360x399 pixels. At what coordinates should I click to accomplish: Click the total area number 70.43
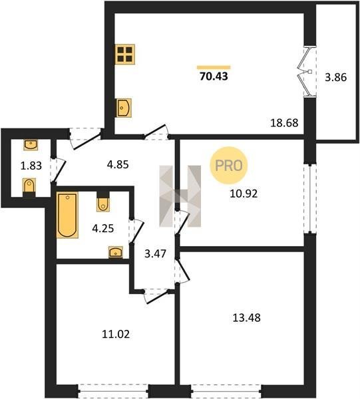214,76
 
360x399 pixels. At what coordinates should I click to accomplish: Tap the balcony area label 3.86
335,77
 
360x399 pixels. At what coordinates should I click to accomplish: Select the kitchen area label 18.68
284,123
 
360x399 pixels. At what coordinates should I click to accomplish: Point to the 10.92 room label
244,194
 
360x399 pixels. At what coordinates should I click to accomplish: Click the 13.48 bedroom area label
247,318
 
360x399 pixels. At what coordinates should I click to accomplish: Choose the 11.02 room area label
116,334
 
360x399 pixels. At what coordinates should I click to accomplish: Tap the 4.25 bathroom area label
103,228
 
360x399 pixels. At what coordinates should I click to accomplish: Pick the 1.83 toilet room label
31,166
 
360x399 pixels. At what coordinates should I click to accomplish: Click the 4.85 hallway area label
118,165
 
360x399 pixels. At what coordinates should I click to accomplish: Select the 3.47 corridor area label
155,254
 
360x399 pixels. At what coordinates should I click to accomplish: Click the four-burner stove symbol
124,55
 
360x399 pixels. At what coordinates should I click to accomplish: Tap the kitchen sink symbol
124,108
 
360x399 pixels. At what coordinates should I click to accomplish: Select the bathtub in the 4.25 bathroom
67,215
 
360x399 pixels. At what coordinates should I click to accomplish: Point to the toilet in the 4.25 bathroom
103,201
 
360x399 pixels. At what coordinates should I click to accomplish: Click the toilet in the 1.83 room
29,187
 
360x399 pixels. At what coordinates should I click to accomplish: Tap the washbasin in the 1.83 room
31,144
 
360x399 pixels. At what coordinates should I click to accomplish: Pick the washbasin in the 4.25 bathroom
116,252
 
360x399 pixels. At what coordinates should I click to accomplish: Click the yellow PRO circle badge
229,166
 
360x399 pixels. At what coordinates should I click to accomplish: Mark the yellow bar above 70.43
214,67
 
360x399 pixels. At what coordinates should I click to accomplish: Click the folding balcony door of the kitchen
307,72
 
